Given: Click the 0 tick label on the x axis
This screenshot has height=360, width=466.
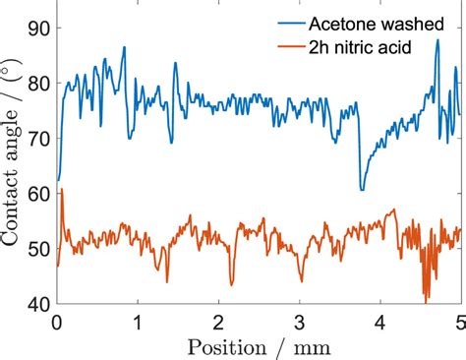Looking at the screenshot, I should pyautogui.click(x=58, y=321).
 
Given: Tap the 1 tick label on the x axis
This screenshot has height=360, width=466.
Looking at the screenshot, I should pyautogui.click(x=139, y=321).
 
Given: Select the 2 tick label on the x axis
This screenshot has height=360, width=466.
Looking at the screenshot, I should pyautogui.click(x=219, y=321).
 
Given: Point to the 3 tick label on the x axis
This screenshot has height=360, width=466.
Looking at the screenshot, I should pyautogui.click(x=300, y=321).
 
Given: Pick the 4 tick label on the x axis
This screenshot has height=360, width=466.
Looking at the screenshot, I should pyautogui.click(x=380, y=321).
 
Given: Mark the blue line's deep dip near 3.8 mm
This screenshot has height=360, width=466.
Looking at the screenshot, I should pyautogui.click(x=362, y=189).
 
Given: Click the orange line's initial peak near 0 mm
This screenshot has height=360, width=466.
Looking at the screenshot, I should pyautogui.click(x=62, y=190).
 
